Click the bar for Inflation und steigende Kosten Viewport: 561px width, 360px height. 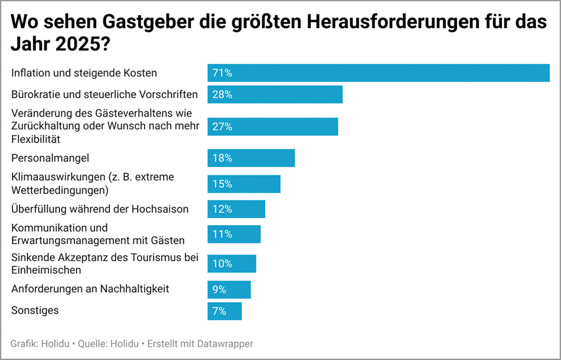tap(378, 73)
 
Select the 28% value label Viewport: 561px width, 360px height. tap(223, 94)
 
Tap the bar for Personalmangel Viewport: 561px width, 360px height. tap(251, 158)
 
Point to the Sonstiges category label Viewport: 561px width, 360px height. tap(35, 310)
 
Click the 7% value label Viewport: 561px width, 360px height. tap(219, 311)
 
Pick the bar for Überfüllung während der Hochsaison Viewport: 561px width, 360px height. tap(236, 209)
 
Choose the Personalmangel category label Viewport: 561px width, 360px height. tap(50, 158)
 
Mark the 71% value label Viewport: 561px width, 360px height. tap(223, 73)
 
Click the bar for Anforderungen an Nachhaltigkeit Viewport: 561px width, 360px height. tap(229, 289)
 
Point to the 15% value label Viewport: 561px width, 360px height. tap(223, 184)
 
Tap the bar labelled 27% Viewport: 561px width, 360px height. tap(273, 126)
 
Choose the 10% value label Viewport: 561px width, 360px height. tap(223, 264)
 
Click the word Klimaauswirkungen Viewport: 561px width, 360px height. tap(56, 177)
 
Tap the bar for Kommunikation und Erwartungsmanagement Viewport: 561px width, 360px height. tap(234, 234)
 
